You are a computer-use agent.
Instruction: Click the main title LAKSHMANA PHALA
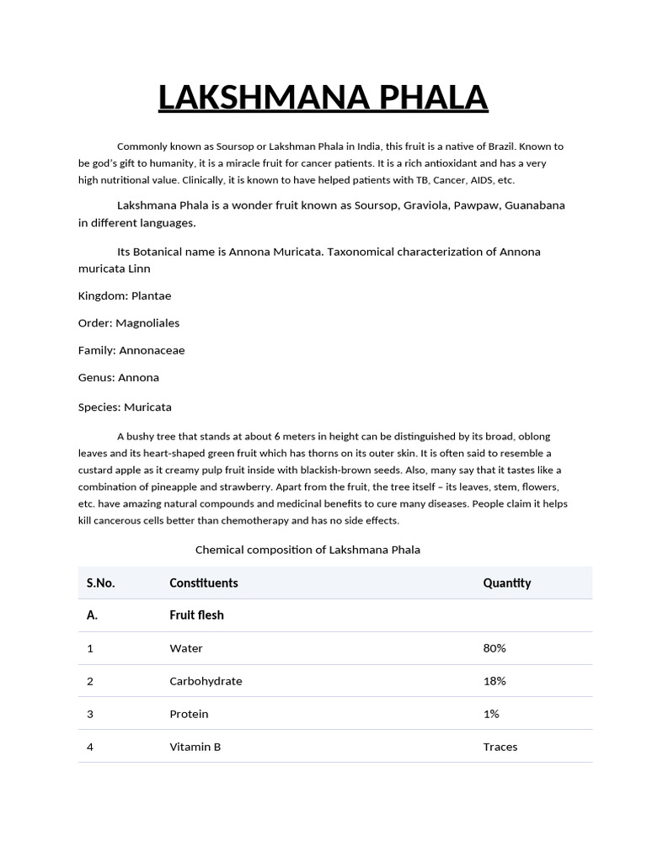click(323, 98)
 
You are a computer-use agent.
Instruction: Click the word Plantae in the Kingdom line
click(152, 295)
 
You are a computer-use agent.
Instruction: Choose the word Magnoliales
click(147, 322)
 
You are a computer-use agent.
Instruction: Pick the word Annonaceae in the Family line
click(152, 350)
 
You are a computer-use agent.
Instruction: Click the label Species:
click(99, 407)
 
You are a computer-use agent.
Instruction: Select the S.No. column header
click(101, 583)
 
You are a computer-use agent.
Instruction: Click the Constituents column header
click(204, 583)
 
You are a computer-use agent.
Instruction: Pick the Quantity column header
click(506, 583)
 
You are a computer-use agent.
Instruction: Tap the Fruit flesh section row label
click(196, 615)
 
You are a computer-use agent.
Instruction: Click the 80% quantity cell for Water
click(495, 648)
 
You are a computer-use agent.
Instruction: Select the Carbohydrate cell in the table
click(206, 681)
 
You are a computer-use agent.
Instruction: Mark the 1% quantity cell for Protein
click(491, 714)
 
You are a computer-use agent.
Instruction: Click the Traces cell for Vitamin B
click(500, 747)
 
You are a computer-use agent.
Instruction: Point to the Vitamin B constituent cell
click(195, 747)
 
